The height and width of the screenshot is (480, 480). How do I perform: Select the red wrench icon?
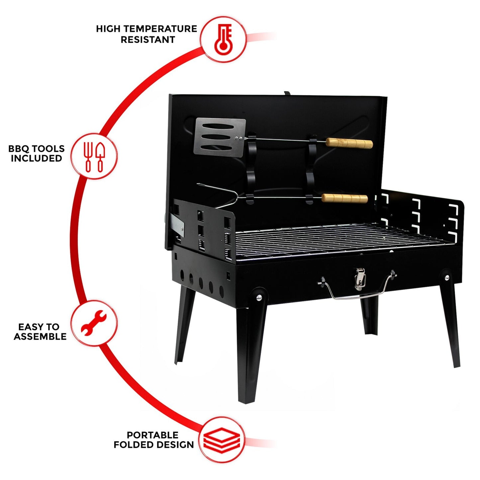pyautogui.click(x=94, y=323)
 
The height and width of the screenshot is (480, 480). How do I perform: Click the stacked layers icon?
pyautogui.click(x=222, y=440)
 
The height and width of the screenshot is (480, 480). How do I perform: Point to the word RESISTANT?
pyautogui.click(x=147, y=40)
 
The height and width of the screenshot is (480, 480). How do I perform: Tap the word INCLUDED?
pyautogui.click(x=36, y=158)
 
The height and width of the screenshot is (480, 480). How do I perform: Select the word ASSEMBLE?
pyautogui.click(x=40, y=336)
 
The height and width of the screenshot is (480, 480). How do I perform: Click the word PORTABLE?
pyautogui.click(x=152, y=435)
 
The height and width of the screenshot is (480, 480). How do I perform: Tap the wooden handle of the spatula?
pyautogui.click(x=349, y=143)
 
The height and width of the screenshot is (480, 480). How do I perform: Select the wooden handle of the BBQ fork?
pyautogui.click(x=344, y=198)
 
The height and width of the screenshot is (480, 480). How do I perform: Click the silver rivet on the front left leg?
pyautogui.click(x=258, y=298)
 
